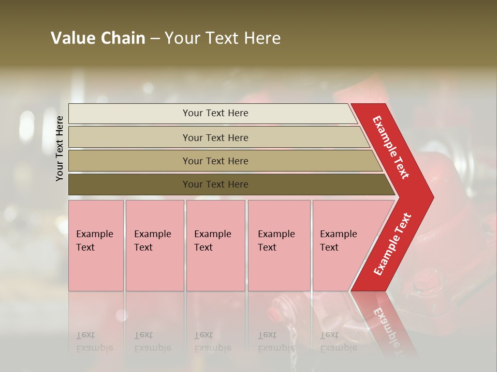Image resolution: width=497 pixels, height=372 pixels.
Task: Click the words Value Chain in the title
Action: [98, 38]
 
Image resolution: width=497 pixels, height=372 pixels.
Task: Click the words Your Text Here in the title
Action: [223, 38]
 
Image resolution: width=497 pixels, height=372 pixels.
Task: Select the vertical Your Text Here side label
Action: [60, 148]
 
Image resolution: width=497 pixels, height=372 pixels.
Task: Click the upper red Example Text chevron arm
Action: [391, 147]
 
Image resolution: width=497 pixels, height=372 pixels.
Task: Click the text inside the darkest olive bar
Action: [215, 184]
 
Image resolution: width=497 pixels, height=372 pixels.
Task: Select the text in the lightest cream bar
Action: [215, 113]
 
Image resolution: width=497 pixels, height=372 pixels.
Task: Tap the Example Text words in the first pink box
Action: [94, 241]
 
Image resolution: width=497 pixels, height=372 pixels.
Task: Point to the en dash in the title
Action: [155, 39]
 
